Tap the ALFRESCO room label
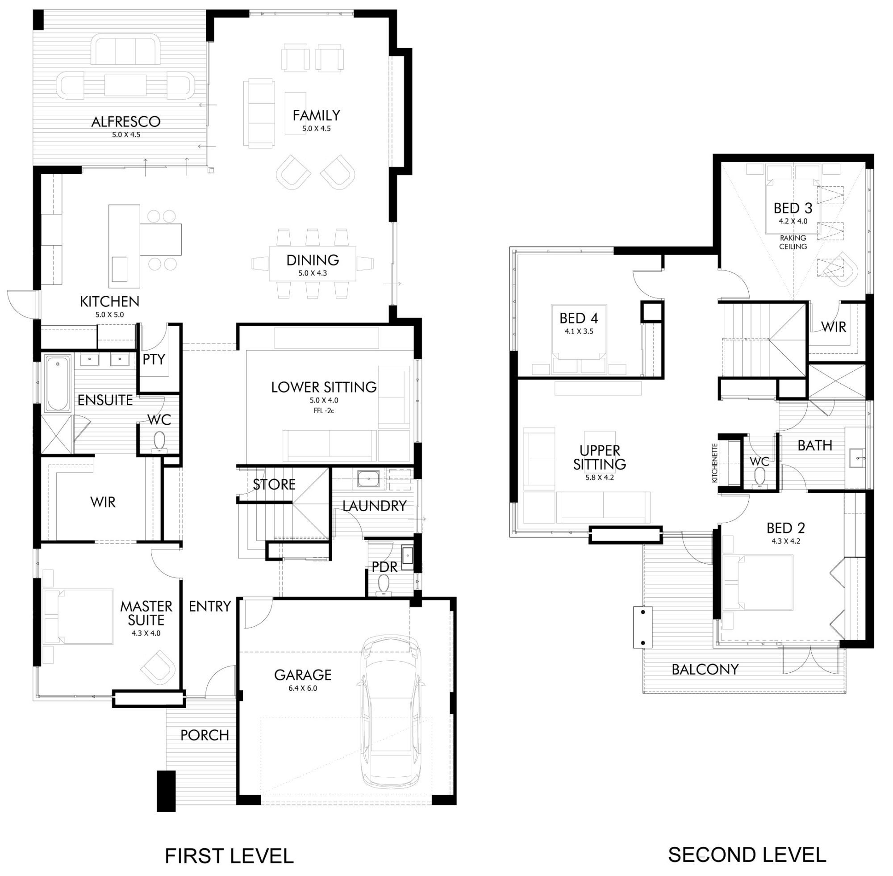125,122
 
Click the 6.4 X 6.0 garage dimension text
302,688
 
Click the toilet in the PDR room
383,585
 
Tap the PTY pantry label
154,359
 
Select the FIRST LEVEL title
229,856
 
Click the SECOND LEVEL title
747,855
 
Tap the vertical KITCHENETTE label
714,463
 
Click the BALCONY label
705,669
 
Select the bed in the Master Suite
78,616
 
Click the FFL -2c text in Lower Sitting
324,411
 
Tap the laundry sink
369,479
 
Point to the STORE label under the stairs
274,485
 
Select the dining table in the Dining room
312,263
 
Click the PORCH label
204,735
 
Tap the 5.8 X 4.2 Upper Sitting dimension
599,478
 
